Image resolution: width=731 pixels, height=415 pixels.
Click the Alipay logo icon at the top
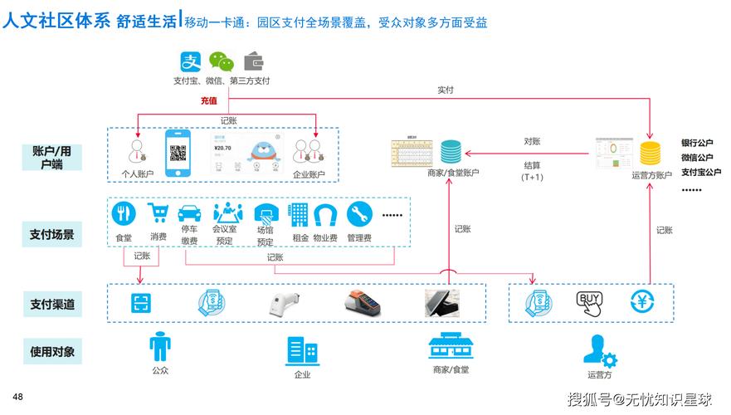point(192,62)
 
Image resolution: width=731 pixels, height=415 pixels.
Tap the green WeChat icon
point(221,62)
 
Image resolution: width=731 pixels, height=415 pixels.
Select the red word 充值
point(208,100)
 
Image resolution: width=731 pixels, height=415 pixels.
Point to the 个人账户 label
point(137,174)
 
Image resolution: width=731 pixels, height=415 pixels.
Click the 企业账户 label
point(309,174)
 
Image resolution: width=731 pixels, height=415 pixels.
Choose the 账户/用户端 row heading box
point(52,157)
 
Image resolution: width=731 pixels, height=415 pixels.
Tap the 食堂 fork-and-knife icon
point(124,215)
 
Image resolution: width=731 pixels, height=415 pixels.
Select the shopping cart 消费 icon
point(158,214)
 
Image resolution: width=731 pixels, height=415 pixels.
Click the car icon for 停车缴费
point(189,214)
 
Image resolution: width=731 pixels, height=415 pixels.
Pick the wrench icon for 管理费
point(358,214)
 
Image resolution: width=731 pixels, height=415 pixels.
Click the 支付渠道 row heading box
point(52,304)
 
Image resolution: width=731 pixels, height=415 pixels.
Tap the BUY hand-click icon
point(590,303)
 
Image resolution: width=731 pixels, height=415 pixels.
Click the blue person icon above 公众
point(159,346)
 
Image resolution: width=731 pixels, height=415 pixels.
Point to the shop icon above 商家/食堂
point(450,348)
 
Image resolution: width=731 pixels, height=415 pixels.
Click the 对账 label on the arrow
point(532,141)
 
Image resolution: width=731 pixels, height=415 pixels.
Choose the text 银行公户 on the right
point(697,143)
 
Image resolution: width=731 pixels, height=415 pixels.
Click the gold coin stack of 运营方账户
point(651,154)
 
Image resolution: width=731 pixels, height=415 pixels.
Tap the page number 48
point(17,397)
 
